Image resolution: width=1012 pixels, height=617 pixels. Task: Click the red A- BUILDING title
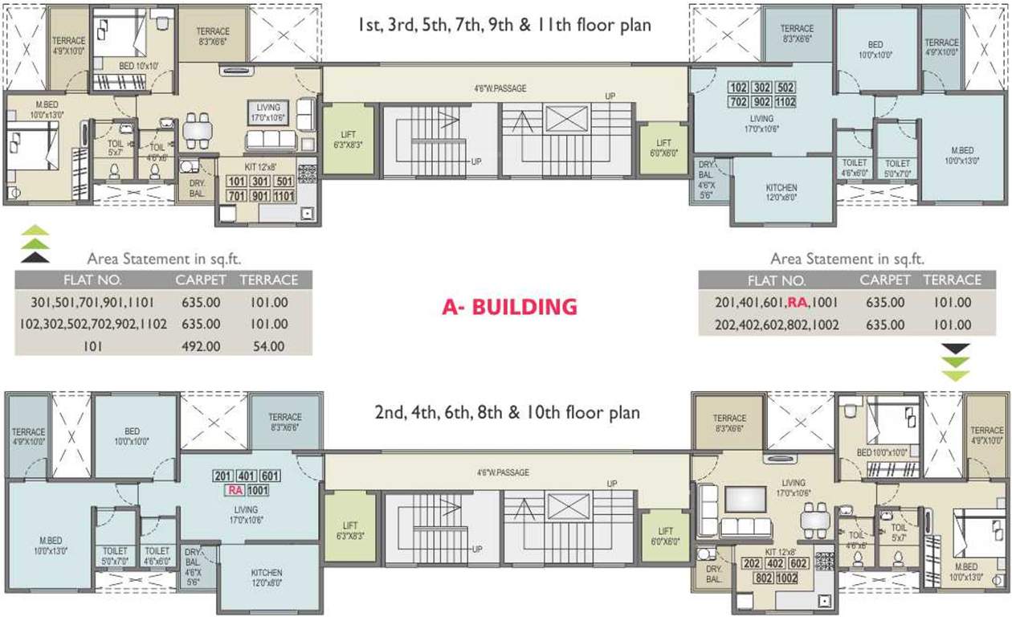pyautogui.click(x=509, y=306)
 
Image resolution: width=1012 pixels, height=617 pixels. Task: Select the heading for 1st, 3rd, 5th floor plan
pyautogui.click(x=504, y=26)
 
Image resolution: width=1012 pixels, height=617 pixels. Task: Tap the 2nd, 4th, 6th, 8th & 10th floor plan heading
pyautogui.click(x=507, y=413)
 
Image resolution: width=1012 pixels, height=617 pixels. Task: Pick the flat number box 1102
pyautogui.click(x=786, y=102)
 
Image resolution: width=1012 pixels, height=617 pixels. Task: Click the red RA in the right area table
pyautogui.click(x=797, y=303)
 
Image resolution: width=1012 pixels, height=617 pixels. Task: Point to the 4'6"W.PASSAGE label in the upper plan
pyautogui.click(x=500, y=88)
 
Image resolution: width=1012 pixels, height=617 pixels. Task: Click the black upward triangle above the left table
pyautogui.click(x=35, y=257)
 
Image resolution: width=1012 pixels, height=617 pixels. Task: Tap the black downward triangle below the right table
pyautogui.click(x=956, y=349)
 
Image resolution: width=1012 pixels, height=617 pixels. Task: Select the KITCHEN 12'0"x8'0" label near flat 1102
pyautogui.click(x=781, y=193)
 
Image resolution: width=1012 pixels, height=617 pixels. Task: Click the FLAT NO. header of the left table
pyautogui.click(x=92, y=280)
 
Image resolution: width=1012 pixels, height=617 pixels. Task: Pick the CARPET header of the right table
pyautogui.click(x=885, y=280)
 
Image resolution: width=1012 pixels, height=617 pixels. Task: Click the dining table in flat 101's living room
pyautogui.click(x=198, y=129)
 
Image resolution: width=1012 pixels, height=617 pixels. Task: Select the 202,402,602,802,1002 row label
pyautogui.click(x=776, y=325)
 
